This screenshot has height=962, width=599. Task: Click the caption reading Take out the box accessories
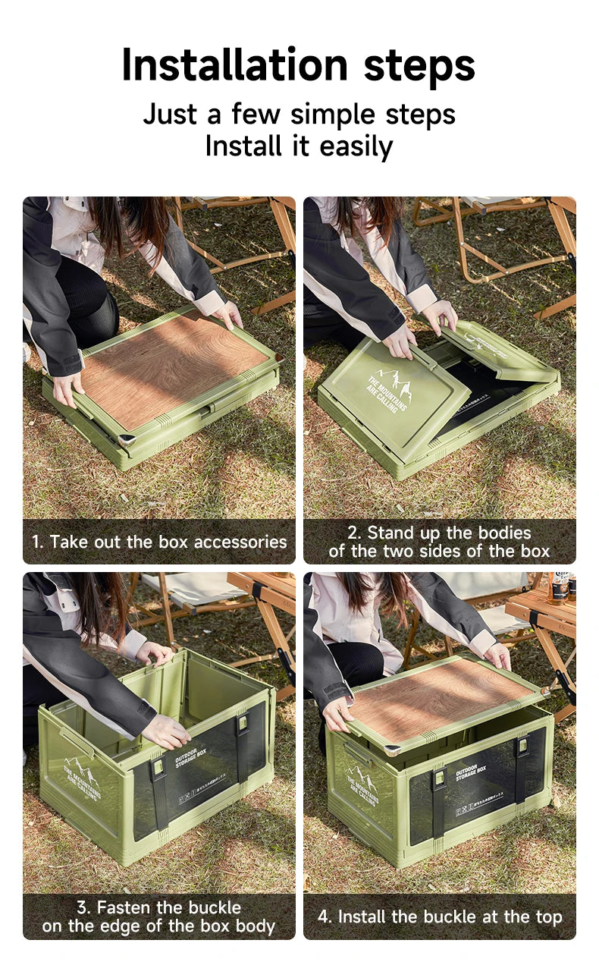point(159,542)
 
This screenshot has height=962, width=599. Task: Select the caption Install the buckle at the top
point(440,916)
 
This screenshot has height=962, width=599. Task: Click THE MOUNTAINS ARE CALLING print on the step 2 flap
point(387,393)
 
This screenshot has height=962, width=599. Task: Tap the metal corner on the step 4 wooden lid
point(390,750)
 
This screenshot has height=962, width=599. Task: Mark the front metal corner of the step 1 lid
point(126,439)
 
